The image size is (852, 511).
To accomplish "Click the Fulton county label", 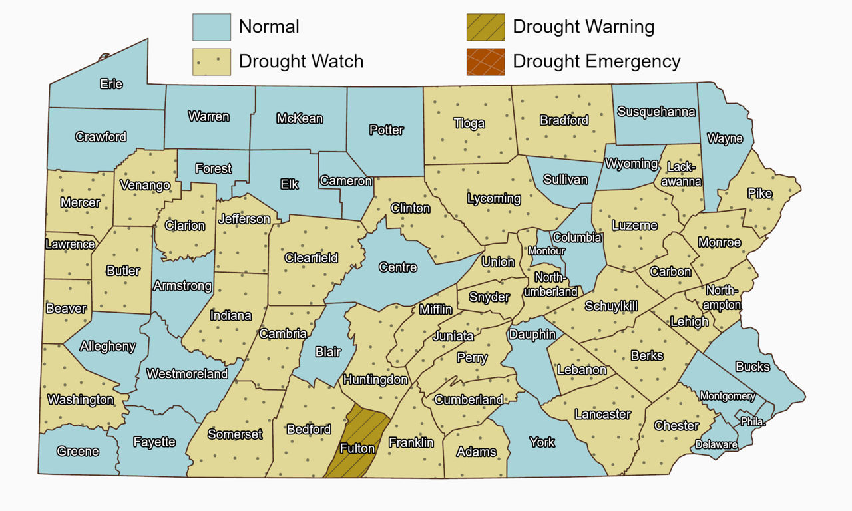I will coord(357,448).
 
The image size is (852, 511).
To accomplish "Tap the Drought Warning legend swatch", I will coord(486,27).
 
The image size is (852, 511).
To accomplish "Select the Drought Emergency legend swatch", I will coord(486,62).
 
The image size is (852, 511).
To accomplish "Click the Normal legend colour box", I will coord(212,27).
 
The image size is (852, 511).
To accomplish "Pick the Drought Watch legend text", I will coord(301,62).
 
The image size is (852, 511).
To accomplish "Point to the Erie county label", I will coord(111,85).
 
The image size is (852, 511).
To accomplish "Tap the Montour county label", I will coord(546,251).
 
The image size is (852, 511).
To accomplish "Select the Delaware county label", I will coord(716,444).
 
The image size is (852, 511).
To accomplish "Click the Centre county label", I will coord(398,267).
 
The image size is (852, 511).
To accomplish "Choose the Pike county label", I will coord(760,194).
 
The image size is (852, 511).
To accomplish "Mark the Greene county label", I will coord(78,452).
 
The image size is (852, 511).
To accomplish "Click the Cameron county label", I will coord(345,181).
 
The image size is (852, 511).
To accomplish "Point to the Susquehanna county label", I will coord(656,112).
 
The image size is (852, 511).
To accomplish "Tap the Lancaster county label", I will coord(602,414).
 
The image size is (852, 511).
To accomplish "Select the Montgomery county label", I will coord(728,396).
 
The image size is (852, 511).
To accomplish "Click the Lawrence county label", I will coord(70,244).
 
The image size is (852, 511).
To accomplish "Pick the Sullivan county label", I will coord(565,180).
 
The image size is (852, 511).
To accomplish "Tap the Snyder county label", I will coord(489,297).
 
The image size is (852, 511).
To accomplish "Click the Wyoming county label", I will coord(632,164).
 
